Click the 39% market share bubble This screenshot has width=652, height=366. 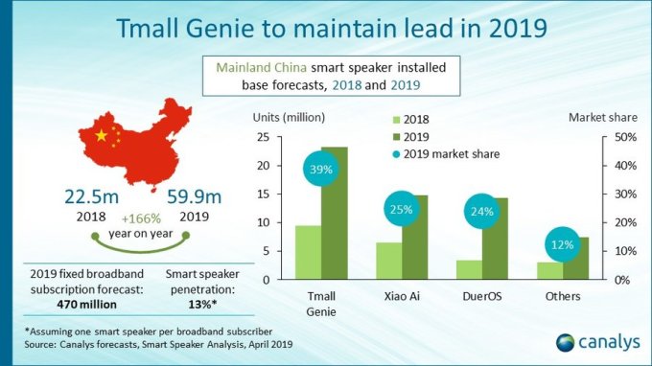320,171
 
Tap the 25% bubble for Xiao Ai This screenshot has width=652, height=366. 402,209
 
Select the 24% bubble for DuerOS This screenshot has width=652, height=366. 482,212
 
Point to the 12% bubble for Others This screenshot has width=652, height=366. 564,245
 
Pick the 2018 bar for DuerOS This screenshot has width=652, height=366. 469,269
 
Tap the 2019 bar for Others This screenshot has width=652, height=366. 577,258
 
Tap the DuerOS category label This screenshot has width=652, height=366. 482,297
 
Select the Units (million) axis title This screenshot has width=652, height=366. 289,118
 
